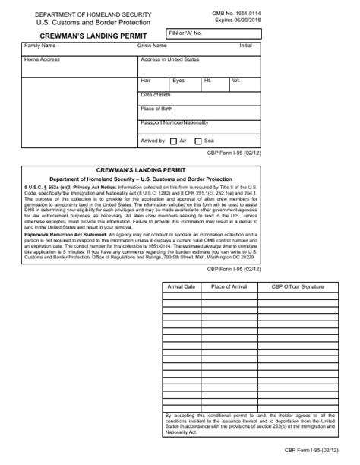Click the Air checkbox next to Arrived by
[173, 141]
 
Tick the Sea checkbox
[198, 141]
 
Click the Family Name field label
[40, 46]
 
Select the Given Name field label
[152, 46]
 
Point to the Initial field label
[245, 46]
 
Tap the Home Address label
[42, 59]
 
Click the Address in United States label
[170, 59]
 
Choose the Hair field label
[146, 80]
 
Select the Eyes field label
[178, 80]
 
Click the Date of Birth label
[156, 94]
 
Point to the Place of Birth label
[157, 109]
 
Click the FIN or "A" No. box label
[189, 33]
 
